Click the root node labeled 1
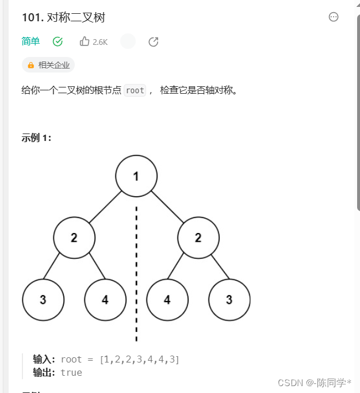coord(136,176)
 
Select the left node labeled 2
coord(74,238)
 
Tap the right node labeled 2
coord(198,238)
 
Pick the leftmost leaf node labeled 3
coord(43,300)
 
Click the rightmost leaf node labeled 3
coord(229,300)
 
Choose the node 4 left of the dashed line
coord(105,300)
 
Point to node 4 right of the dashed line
coord(167,300)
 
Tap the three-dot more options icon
coord(334,17)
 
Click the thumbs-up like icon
coord(85,41)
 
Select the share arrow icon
coord(154,41)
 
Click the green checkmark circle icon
coord(58,41)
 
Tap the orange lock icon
coord(30,65)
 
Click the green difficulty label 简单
coord(30,41)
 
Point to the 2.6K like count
coord(100,42)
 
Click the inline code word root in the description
coord(135,90)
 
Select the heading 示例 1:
coord(37,138)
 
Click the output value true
coord(71,372)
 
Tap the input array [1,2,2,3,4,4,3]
coord(139,360)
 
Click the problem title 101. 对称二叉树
coord(63,18)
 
